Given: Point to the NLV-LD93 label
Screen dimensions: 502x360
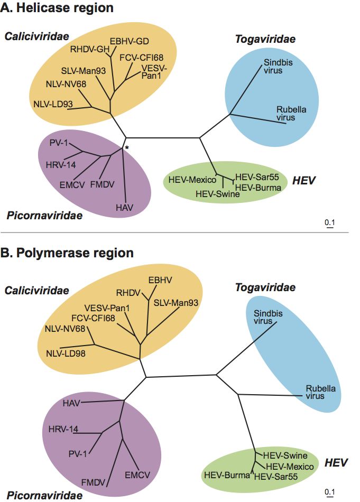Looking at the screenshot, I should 53,104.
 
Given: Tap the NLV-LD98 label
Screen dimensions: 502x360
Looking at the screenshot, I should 66,353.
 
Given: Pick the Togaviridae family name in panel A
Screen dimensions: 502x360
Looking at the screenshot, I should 265,40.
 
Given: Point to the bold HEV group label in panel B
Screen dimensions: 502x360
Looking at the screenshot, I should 336,463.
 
